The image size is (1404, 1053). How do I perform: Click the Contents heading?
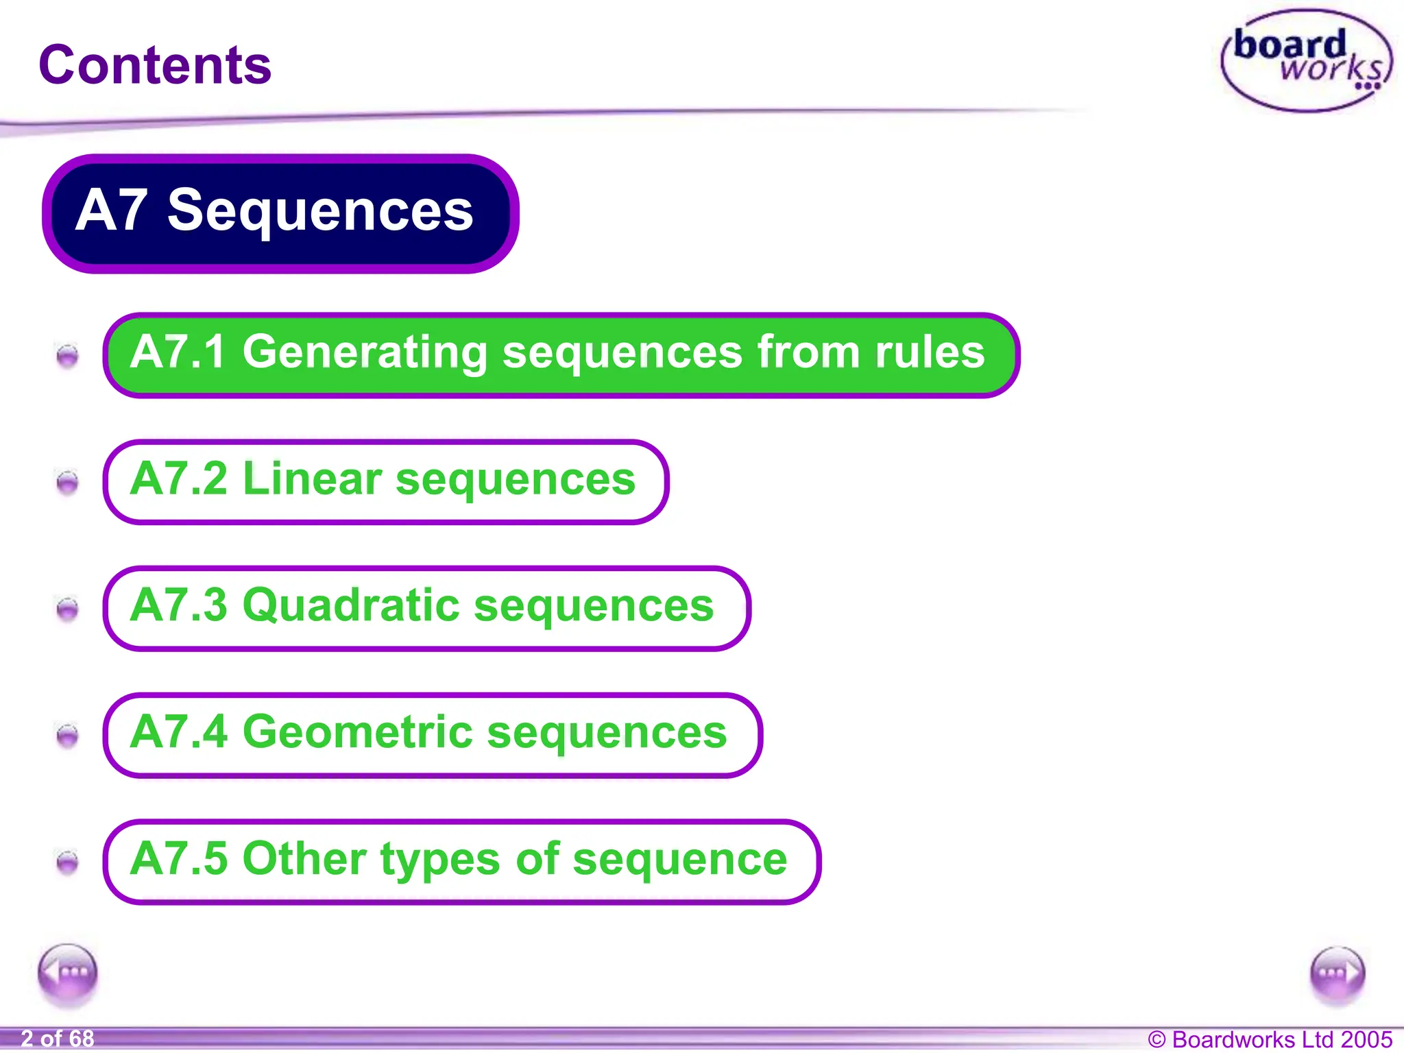(x=155, y=65)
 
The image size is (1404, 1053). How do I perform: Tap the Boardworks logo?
(x=1307, y=60)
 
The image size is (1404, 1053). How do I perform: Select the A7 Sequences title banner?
(x=280, y=213)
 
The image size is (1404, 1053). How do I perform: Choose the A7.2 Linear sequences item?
(x=385, y=481)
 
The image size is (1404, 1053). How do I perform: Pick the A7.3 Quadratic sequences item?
(x=426, y=607)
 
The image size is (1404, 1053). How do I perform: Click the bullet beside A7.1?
(x=67, y=355)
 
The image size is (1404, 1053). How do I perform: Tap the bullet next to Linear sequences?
(x=67, y=482)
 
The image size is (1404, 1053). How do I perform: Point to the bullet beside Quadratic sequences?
(x=67, y=608)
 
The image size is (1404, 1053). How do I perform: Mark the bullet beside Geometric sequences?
(x=67, y=735)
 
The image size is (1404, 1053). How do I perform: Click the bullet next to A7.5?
(x=67, y=862)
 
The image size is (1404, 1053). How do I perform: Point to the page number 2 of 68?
(x=58, y=1039)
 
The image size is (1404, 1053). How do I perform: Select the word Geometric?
(x=357, y=732)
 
